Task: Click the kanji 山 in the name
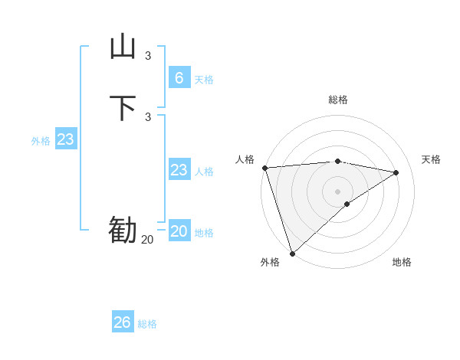click(x=123, y=47)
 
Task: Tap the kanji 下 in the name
click(x=123, y=107)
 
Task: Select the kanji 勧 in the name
click(x=123, y=231)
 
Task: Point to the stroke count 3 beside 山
click(x=148, y=56)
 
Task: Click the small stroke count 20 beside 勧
click(x=147, y=240)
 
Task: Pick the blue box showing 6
click(x=179, y=77)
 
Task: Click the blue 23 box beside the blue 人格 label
click(x=179, y=170)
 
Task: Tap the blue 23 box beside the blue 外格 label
click(x=66, y=139)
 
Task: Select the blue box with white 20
click(x=179, y=231)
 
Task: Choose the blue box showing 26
click(x=123, y=322)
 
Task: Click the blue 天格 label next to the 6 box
click(x=204, y=80)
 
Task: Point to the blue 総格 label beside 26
click(x=147, y=325)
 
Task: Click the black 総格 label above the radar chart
click(x=338, y=100)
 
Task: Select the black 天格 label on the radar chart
click(x=431, y=159)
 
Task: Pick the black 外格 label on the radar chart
click(x=270, y=262)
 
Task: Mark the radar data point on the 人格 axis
click(x=264, y=167)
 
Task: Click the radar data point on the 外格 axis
click(x=292, y=253)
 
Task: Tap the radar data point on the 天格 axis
click(x=396, y=172)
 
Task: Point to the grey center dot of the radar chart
click(x=338, y=191)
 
